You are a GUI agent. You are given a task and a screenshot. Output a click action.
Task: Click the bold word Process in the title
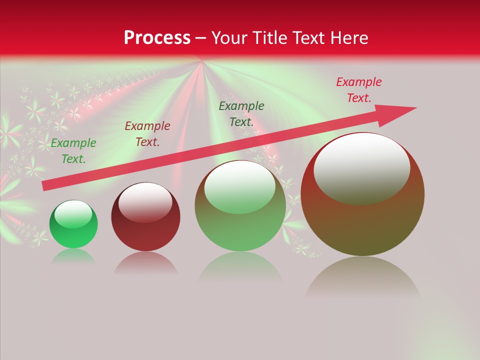[157, 38]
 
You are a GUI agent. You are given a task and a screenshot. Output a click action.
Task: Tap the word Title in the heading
[270, 38]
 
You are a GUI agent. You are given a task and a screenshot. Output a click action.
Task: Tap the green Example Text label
[73, 151]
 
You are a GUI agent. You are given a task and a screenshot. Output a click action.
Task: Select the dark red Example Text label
[147, 134]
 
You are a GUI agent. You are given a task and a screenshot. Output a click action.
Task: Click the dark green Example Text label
[241, 114]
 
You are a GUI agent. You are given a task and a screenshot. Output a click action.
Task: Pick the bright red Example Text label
[359, 90]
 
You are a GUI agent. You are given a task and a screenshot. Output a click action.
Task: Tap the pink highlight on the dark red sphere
[145, 201]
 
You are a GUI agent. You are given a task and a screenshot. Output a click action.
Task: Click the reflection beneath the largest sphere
[362, 277]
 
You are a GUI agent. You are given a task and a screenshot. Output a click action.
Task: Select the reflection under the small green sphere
[73, 256]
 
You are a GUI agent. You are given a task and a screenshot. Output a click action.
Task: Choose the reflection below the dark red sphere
[145, 262]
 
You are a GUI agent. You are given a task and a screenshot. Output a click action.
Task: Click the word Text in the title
[309, 38]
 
